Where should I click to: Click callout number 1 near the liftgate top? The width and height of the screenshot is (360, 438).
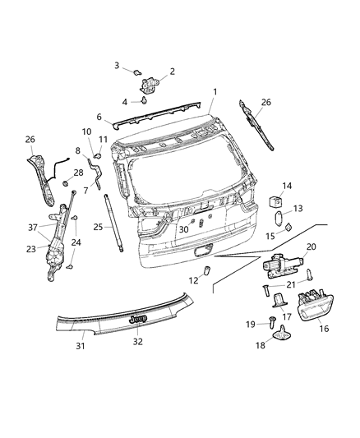215,92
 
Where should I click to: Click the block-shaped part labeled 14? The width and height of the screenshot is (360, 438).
276,201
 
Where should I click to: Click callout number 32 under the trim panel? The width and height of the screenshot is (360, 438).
138,341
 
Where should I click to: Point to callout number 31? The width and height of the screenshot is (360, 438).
80,345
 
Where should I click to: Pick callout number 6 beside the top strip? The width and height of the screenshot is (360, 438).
99,118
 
